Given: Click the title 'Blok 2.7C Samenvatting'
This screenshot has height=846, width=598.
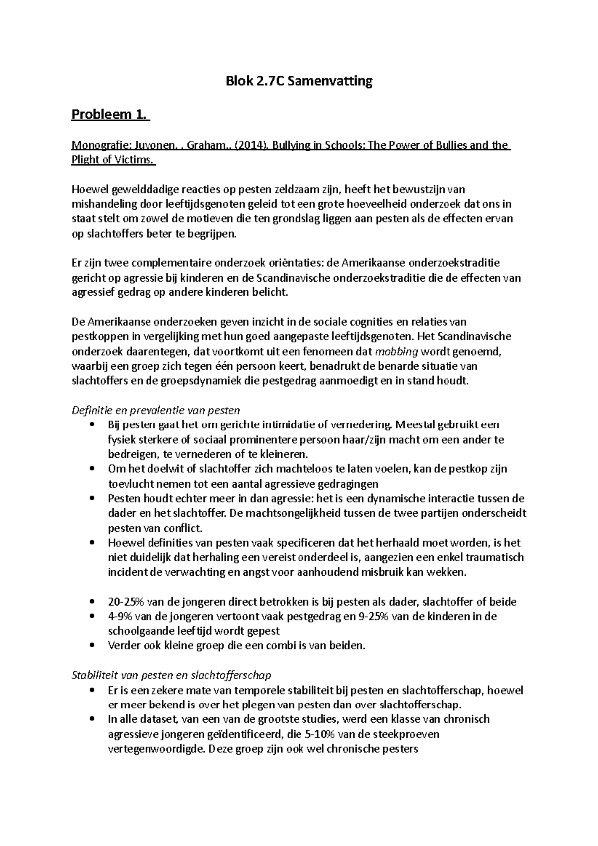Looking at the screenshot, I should [x=299, y=81].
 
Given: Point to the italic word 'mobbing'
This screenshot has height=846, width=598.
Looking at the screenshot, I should [x=397, y=351].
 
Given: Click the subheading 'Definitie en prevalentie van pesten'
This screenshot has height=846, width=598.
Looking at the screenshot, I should [x=155, y=410].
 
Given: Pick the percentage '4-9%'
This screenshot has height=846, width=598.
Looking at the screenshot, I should [x=120, y=616].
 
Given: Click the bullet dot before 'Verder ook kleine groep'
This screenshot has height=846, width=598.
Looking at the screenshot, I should [x=90, y=646].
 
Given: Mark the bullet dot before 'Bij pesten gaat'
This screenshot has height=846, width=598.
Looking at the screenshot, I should [x=90, y=425].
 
